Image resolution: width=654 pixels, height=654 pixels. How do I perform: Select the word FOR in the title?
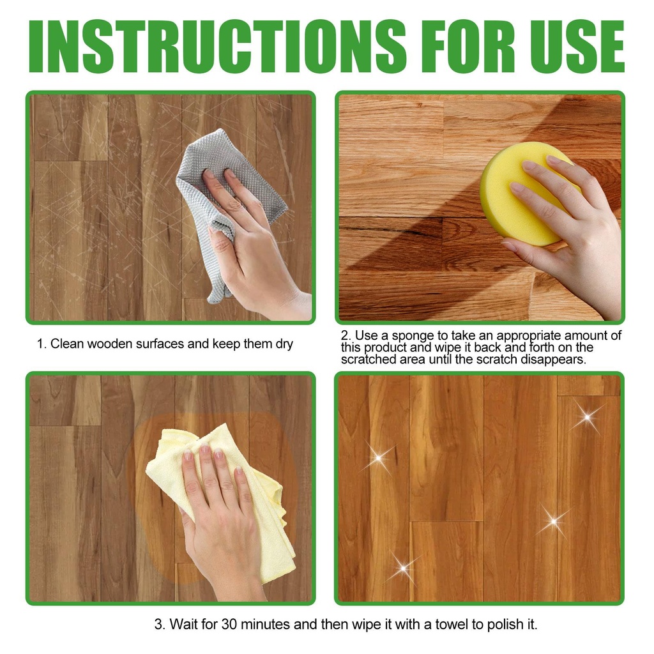464,46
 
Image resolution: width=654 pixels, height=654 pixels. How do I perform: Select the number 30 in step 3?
229,624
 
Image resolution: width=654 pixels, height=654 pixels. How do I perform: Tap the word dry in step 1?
284,344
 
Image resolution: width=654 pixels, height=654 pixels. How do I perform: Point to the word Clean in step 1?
67,344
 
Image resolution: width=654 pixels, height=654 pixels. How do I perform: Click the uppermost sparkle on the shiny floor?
588,416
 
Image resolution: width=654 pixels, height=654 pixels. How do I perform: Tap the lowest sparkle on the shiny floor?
404,568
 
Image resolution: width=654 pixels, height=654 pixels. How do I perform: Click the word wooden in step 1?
110,344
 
